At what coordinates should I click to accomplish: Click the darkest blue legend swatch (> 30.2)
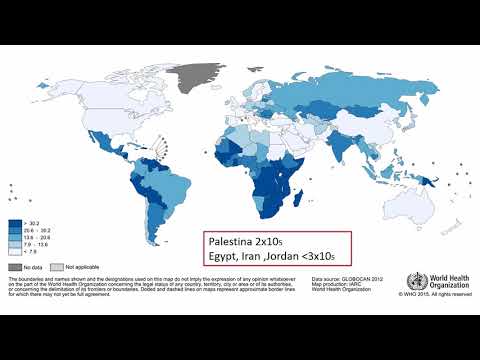click(x=14, y=223)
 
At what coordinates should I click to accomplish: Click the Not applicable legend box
click(x=57, y=267)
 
